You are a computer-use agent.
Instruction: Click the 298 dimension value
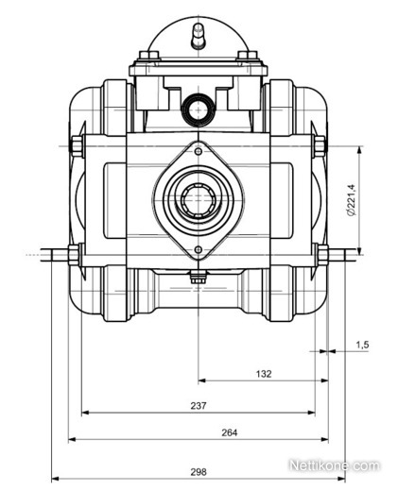pos(199,472)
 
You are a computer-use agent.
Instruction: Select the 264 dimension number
pos(229,432)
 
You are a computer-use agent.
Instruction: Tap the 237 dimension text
pos(199,405)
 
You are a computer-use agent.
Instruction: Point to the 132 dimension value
pos(264,374)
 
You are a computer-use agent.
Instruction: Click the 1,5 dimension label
pos(362,345)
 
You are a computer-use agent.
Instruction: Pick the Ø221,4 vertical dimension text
pos(351,199)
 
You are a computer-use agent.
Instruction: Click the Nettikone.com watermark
pos(334,465)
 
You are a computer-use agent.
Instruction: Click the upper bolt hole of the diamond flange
pos(199,152)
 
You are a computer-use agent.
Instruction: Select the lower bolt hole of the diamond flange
pos(199,249)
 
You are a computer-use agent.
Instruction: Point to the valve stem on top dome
pos(199,36)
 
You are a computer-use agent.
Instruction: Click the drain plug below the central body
pos(199,277)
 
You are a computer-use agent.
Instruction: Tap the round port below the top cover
pos(199,110)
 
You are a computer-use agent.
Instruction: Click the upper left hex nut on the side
pos(77,146)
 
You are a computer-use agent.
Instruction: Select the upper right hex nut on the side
pos(320,146)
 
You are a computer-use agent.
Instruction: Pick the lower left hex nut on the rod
pos(74,255)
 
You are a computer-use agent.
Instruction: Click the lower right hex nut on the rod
pos(323,255)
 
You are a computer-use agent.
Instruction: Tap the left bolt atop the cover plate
pos(148,56)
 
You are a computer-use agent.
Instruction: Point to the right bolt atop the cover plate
pos(248,56)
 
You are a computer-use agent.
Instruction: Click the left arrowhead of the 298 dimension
pos(55,479)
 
